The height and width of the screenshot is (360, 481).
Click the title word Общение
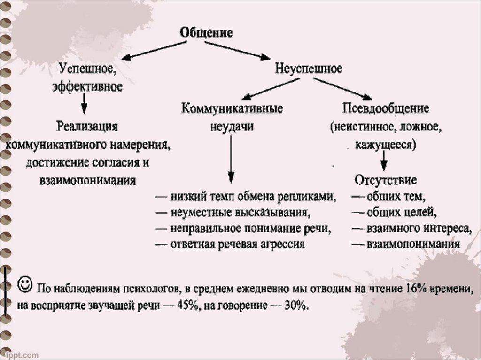tap(207, 33)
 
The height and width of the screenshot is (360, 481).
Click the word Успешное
tap(87, 69)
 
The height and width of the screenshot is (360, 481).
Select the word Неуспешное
tap(309, 69)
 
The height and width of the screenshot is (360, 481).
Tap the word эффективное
tap(88, 86)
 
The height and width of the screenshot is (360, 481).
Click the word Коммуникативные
tap(232, 109)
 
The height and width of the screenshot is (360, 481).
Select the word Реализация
tap(88, 126)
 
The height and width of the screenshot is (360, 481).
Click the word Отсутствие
tap(386, 180)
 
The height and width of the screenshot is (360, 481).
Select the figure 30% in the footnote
tap(295, 305)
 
